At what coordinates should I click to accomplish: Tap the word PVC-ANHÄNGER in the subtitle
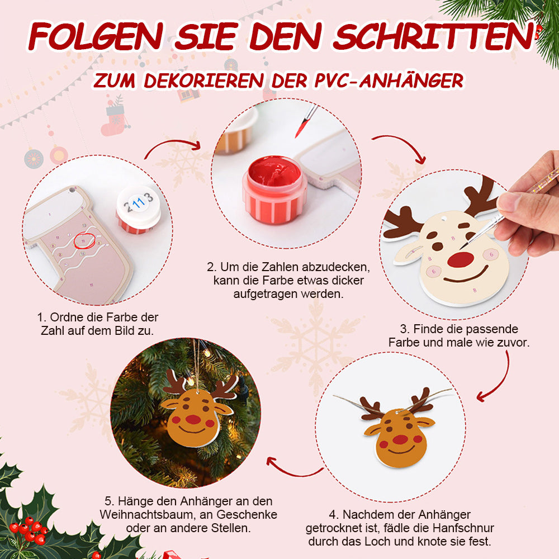(389, 80)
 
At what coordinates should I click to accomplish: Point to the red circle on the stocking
(84, 240)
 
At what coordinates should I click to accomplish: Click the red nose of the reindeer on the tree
(193, 419)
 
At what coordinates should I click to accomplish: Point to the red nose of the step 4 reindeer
(400, 439)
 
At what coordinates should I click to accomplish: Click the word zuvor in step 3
(513, 343)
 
